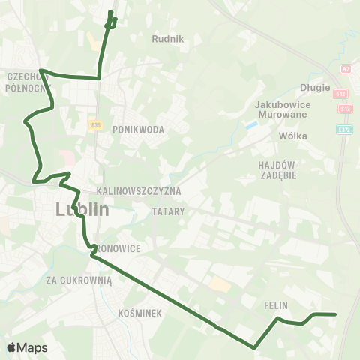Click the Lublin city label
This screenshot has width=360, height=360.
coord(82,209)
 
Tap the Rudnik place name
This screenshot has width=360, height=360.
coord(167,39)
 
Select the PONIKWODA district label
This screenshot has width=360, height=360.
coord(138,130)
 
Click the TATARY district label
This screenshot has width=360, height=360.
coord(168,211)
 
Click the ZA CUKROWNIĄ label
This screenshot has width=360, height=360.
coord(78,280)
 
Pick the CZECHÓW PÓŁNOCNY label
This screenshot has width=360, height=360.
coord(25,81)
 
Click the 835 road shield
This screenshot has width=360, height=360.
coord(94,124)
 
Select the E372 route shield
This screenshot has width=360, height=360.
coord(343,129)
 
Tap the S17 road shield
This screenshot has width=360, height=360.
coord(345,109)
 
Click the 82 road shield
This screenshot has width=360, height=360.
coord(346,69)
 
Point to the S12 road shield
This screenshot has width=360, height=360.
coord(342,93)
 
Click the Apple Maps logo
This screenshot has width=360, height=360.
coord(27,347)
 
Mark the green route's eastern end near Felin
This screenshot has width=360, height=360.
coord(334,314)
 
